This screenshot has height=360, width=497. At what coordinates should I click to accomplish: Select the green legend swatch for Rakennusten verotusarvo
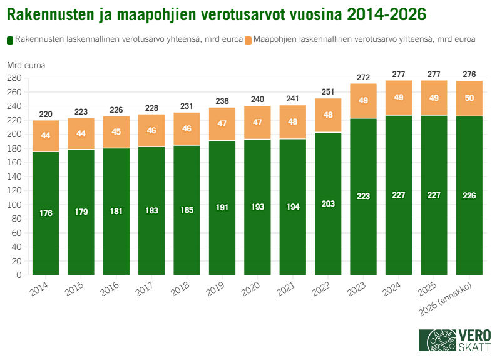(x=9, y=39)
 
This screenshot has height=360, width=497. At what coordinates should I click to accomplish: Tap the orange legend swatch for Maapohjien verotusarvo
(x=248, y=39)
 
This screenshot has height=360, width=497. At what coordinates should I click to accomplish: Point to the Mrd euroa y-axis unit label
(x=26, y=64)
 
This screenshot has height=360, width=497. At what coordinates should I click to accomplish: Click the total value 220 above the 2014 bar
(x=46, y=114)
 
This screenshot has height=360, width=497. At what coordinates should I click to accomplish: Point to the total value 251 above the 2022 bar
(x=328, y=92)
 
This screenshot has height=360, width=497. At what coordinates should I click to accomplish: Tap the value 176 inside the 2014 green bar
(x=46, y=213)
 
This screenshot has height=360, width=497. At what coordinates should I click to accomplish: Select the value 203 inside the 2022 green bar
(x=328, y=204)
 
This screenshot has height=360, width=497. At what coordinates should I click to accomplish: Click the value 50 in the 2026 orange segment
(x=469, y=98)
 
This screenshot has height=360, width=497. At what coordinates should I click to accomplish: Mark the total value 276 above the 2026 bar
(x=469, y=75)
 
